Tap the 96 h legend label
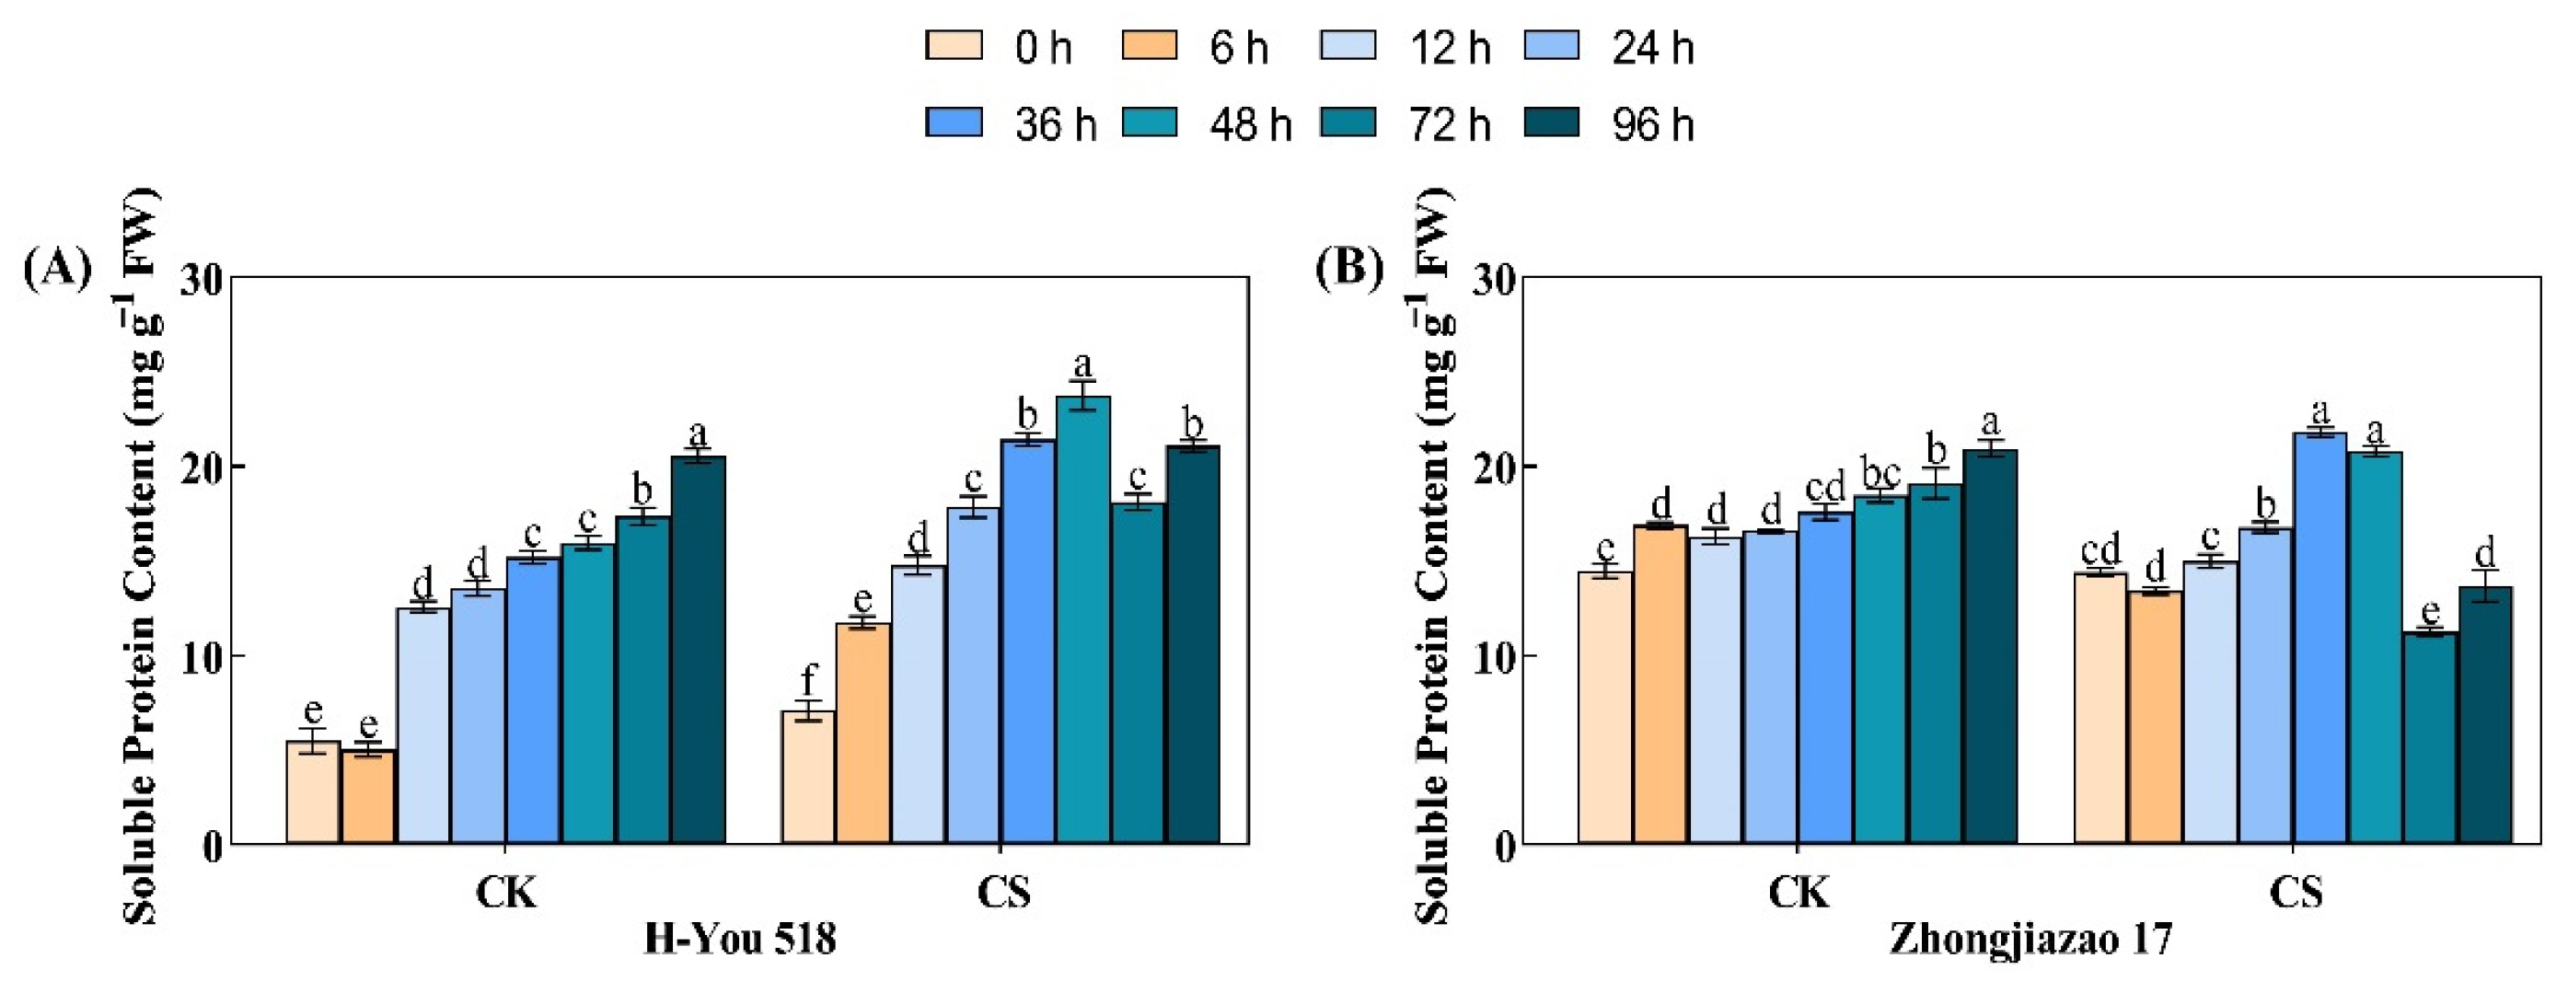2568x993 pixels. coord(1653,125)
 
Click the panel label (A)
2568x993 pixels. coord(57,269)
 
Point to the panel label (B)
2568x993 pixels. coord(1348,269)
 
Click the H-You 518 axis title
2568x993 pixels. coord(740,938)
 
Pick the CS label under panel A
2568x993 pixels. coord(1003,891)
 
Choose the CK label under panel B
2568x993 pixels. coord(1798,891)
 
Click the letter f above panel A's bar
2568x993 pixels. coord(808,682)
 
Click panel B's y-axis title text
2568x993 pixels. coord(1432,559)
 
